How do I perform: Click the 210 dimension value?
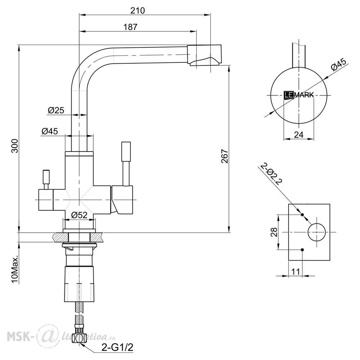click(138, 10)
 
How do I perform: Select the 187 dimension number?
click(130, 27)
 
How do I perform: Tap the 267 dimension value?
click(224, 156)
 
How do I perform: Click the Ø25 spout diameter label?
click(56, 110)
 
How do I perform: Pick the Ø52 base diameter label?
click(79, 215)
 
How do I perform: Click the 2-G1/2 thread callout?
click(117, 347)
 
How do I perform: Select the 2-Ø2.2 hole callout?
click(270, 174)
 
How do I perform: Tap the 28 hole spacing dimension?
click(274, 232)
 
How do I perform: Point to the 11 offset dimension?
click(296, 271)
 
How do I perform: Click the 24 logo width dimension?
click(299, 135)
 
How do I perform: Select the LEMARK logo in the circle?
click(299, 95)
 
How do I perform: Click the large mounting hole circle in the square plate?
click(317, 232)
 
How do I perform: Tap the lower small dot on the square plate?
click(302, 250)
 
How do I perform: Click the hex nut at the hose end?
click(79, 335)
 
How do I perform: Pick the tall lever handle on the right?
click(126, 163)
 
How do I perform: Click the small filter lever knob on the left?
click(46, 180)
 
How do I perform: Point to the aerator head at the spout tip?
click(205, 55)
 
